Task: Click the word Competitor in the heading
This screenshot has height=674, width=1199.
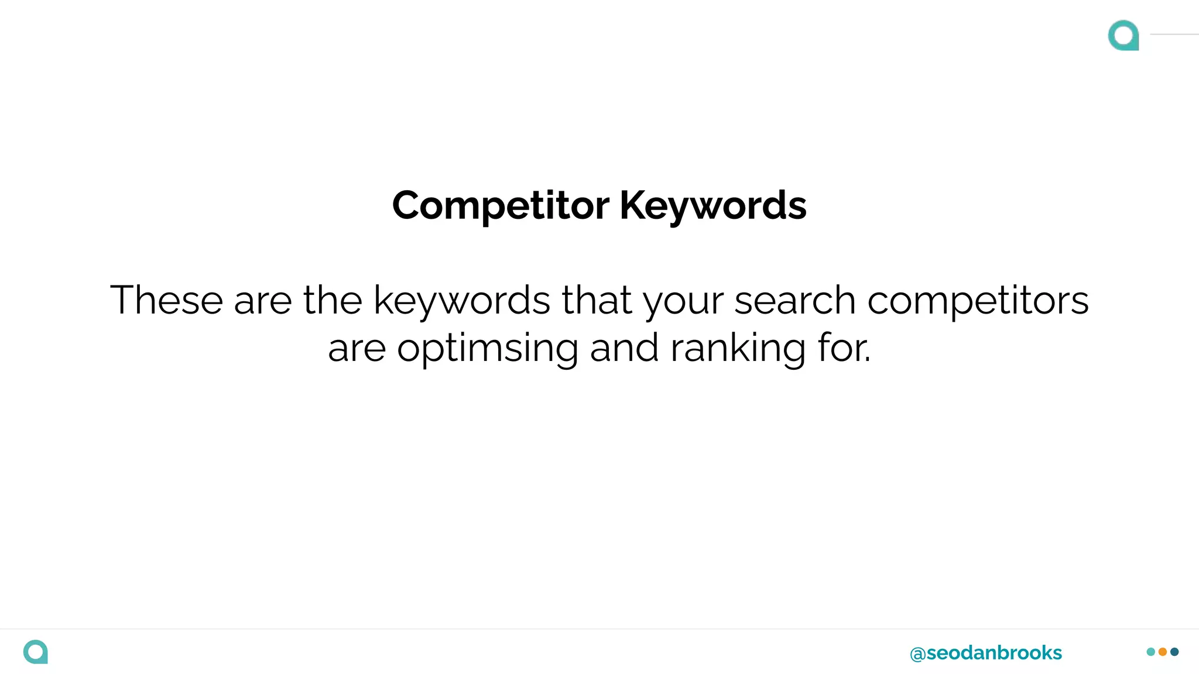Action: tap(501, 206)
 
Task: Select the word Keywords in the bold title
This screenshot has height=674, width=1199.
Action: tap(713, 206)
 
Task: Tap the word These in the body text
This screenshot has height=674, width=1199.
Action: tap(166, 300)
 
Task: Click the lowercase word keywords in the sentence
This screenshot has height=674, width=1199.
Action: tap(461, 300)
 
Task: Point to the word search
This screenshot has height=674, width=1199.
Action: tap(794, 300)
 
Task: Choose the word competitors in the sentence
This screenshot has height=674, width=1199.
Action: tap(978, 300)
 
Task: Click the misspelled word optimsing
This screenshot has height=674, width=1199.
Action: tap(488, 349)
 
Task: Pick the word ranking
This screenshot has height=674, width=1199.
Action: tap(738, 349)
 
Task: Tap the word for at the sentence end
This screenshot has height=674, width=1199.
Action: tap(844, 348)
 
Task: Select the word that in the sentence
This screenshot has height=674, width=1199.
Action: tap(597, 300)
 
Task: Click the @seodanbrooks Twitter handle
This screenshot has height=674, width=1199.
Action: tap(986, 653)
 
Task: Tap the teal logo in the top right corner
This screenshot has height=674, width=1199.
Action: tap(1123, 36)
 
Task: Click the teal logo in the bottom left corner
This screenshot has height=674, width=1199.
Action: tap(36, 652)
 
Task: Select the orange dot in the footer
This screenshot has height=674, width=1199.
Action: tap(1163, 652)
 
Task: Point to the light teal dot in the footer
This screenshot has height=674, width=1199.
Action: tap(1151, 652)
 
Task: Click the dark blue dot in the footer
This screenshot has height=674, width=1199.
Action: tap(1174, 652)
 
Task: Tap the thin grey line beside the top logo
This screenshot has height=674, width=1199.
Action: tap(1174, 35)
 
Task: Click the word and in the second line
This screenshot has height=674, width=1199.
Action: tap(624, 348)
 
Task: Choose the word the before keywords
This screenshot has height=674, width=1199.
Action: tap(333, 300)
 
